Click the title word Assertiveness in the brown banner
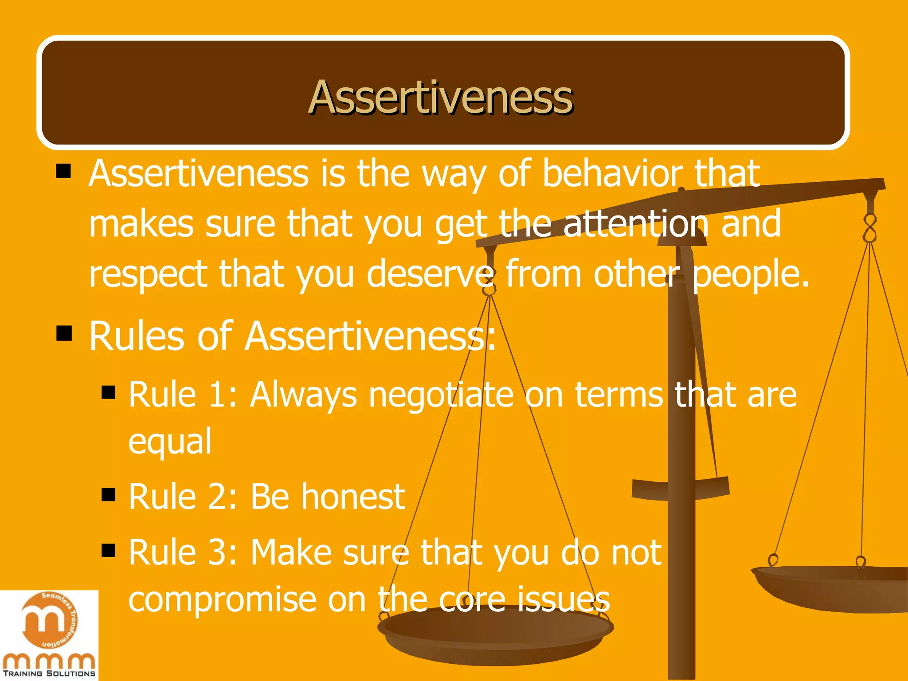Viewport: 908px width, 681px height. [x=440, y=97]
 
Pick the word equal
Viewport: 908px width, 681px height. [x=170, y=442]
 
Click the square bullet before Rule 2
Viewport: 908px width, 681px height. [x=108, y=494]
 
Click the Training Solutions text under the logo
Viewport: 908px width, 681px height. [x=49, y=673]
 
